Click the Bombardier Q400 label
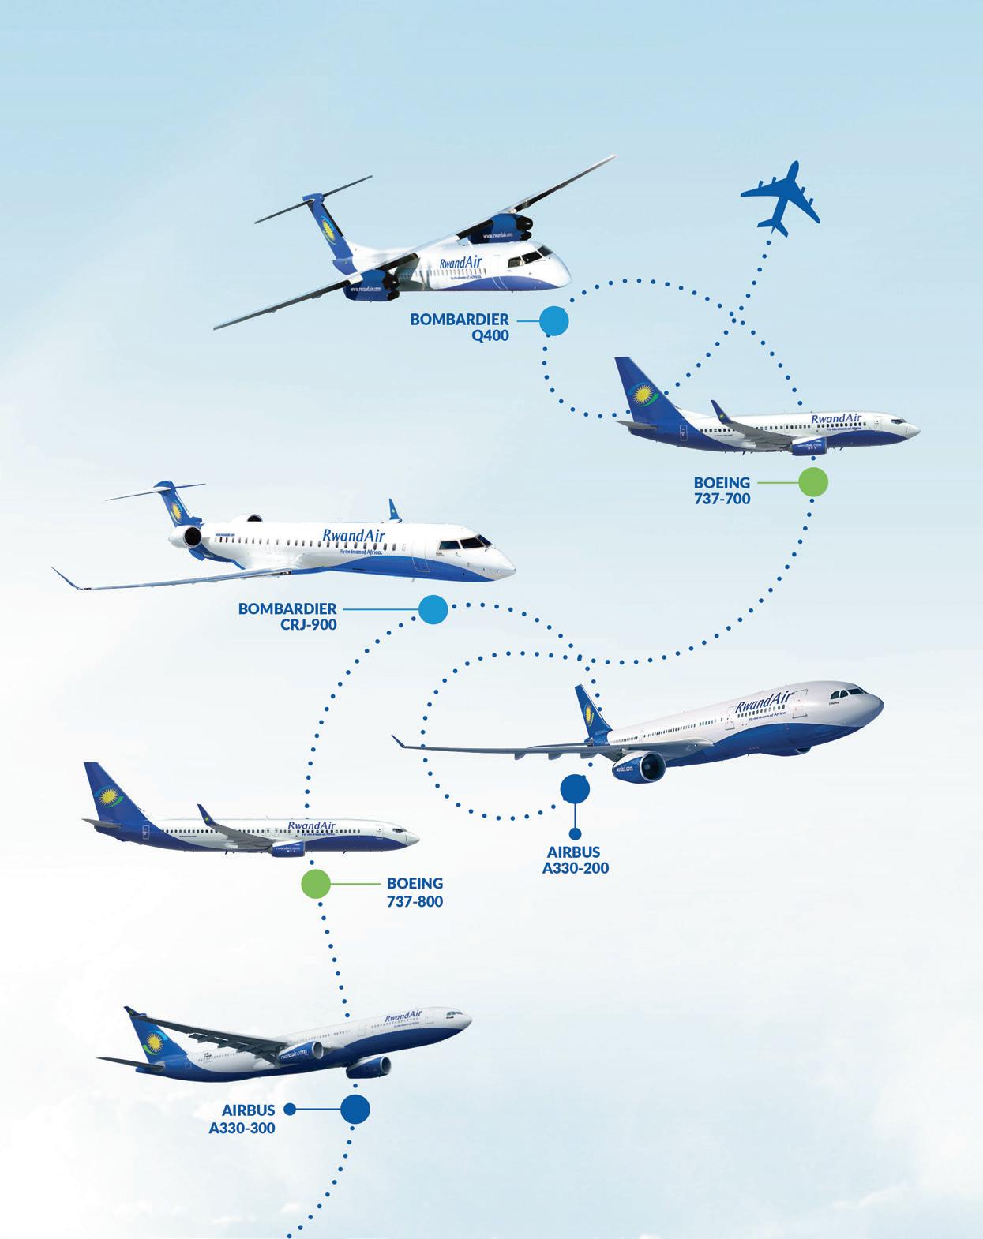pos(460,328)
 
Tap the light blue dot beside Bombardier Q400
pos(553,321)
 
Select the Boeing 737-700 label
pos(722,490)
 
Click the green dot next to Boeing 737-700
pos(813,481)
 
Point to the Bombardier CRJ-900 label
pos(288,616)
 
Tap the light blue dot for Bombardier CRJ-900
pos(433,609)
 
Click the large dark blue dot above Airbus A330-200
pos(575,788)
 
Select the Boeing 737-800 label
pos(415,892)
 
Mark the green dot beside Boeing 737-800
pos(315,884)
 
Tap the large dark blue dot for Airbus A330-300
pos(355,1108)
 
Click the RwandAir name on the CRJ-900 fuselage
pos(354,536)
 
